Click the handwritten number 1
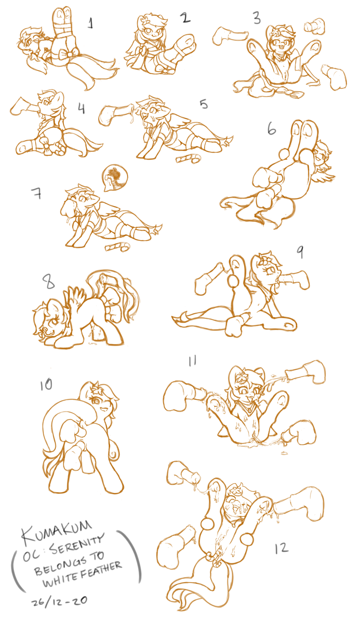click(91, 23)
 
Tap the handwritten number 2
click(185, 17)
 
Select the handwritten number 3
click(257, 18)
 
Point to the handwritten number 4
click(82, 108)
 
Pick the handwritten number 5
click(204, 104)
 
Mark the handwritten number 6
click(271, 129)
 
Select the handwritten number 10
click(46, 385)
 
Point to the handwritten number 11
click(192, 361)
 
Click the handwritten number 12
click(281, 548)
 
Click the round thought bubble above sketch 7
click(114, 177)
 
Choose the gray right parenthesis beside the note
click(132, 556)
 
